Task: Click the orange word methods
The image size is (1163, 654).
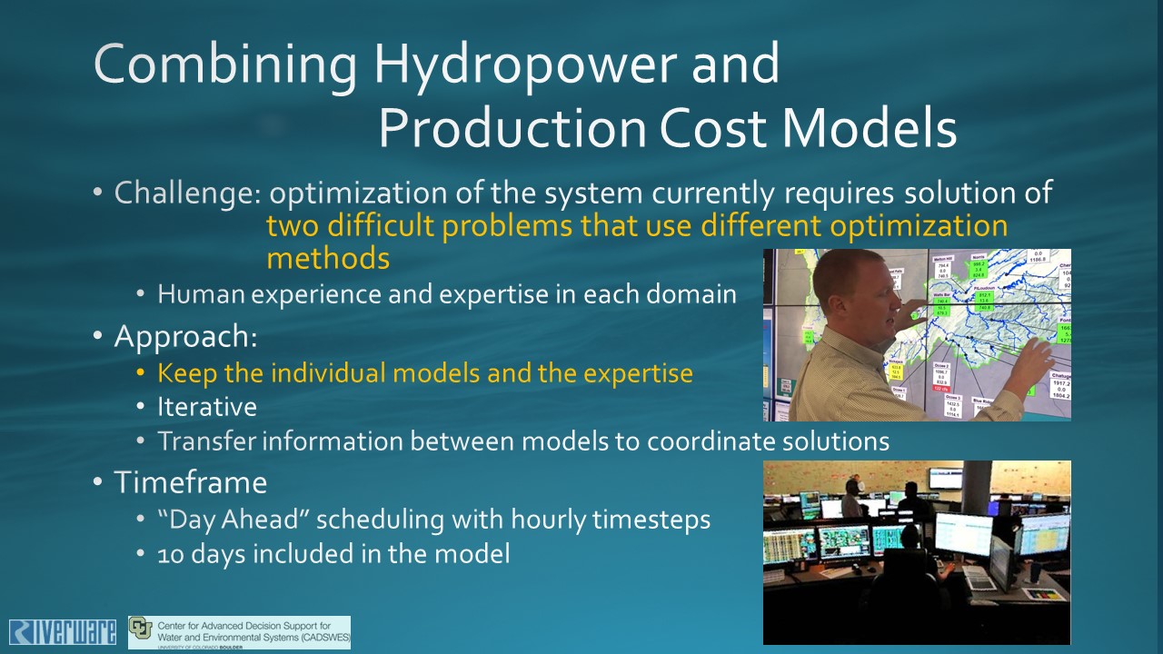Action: (x=328, y=259)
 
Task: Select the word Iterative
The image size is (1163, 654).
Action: (x=207, y=407)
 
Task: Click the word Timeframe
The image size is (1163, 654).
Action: (x=190, y=482)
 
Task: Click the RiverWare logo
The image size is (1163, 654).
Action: (x=63, y=632)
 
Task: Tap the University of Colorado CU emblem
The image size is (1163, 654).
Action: (x=141, y=629)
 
